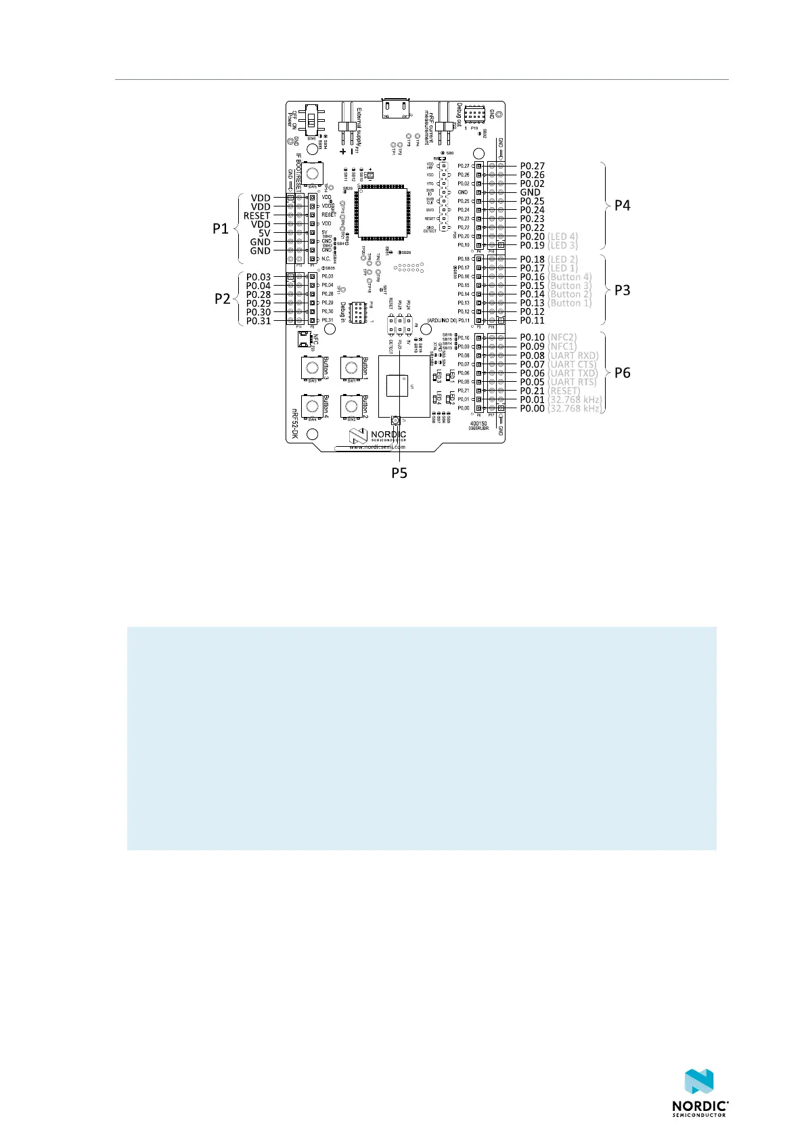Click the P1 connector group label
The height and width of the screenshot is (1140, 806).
coord(221,229)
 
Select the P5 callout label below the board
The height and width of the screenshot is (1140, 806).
coord(399,473)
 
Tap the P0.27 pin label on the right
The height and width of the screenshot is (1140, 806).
coord(532,166)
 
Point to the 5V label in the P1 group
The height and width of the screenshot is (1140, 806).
coord(264,233)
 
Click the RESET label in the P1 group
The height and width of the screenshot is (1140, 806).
coord(257,215)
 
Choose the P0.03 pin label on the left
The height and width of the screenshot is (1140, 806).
coord(258,277)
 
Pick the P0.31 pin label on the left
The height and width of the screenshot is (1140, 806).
coord(258,321)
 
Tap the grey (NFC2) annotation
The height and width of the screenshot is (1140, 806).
coord(562,337)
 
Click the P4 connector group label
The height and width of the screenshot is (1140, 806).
coord(622,206)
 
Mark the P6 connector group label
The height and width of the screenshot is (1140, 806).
coord(622,373)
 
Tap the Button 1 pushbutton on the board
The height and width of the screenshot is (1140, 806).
coord(351,368)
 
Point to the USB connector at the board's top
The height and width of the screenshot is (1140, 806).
coord(397,108)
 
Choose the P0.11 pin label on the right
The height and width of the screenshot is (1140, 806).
coord(532,321)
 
